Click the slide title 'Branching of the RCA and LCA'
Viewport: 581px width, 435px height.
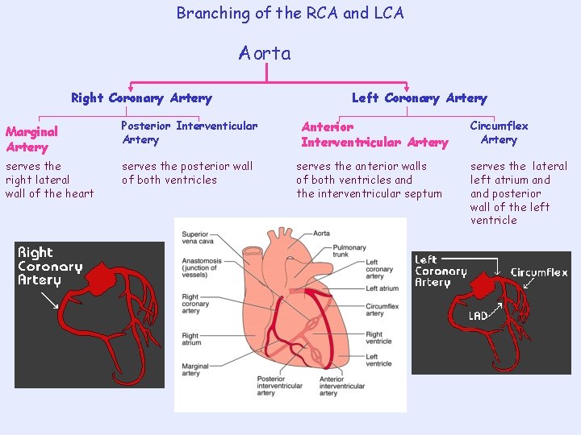coord(290,14)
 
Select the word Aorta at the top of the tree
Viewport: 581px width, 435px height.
coord(265,54)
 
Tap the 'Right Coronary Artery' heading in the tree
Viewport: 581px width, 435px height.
coord(141,98)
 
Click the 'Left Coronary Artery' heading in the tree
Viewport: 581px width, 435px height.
coord(419,98)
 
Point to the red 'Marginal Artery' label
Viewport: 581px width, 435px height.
coord(31,139)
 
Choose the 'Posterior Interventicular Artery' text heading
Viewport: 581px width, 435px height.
coord(189,133)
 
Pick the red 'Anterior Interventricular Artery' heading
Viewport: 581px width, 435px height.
coord(374,135)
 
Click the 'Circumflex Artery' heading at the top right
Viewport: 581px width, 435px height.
coord(499,133)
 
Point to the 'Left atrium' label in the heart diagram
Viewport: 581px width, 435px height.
coord(382,288)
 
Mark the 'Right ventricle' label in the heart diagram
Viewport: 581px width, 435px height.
coord(378,338)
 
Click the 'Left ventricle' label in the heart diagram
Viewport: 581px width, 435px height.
coord(378,360)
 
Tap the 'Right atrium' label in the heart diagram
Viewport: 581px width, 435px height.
coord(192,339)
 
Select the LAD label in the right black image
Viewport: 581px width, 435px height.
coord(478,316)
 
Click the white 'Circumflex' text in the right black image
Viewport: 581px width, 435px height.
coord(538,272)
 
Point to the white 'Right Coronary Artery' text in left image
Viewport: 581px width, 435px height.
coord(50,267)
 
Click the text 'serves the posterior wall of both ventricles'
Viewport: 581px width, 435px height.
coord(186,173)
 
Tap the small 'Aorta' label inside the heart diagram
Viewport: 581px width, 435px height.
coord(321,233)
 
